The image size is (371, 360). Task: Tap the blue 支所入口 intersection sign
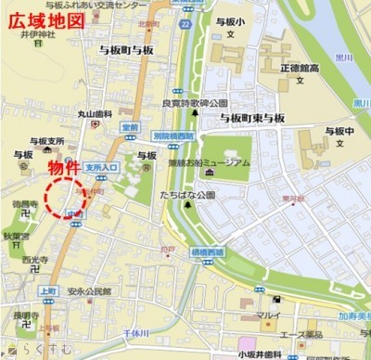tap(101, 168)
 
